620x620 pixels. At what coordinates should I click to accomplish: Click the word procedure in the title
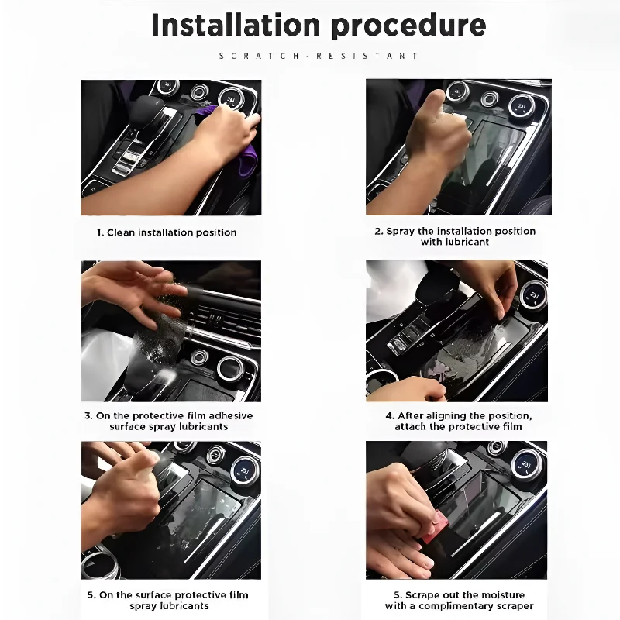pyautogui.click(x=405, y=25)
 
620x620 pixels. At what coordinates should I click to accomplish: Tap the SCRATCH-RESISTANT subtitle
pyautogui.click(x=319, y=56)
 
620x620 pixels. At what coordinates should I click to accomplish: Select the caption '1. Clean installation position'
pyautogui.click(x=167, y=232)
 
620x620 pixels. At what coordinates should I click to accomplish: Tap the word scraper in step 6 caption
pyautogui.click(x=511, y=606)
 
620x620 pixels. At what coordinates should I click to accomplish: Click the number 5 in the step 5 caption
pyautogui.click(x=90, y=595)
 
